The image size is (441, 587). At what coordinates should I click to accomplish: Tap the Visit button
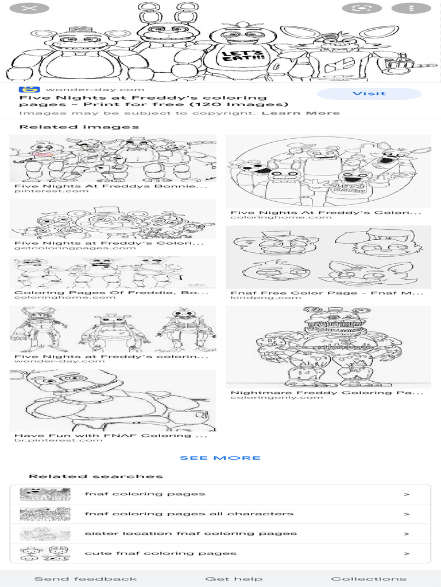[369, 93]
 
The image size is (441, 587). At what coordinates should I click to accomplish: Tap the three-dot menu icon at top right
[411, 9]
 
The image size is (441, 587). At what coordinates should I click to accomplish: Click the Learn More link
[300, 113]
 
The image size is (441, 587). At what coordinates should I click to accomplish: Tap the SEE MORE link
[220, 457]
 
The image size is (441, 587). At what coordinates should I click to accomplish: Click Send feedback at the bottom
[86, 578]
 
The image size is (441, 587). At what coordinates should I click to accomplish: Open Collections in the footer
[368, 578]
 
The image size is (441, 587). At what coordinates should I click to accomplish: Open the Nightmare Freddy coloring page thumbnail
[328, 347]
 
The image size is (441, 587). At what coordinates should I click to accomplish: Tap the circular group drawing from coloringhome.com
[328, 171]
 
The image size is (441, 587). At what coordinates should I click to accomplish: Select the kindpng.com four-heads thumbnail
[328, 257]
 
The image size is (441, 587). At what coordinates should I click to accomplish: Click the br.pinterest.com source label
[59, 440]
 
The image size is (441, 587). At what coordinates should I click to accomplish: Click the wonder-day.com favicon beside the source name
[27, 89]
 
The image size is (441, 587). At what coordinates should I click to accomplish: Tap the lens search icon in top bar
[362, 9]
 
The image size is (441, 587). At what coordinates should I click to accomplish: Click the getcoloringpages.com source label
[75, 248]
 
